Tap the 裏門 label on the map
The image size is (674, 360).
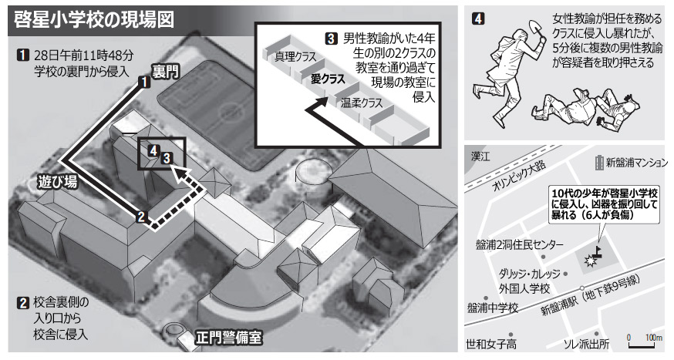coord(165,72)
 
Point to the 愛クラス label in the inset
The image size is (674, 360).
coord(328,79)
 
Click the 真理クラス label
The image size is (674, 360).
coord(289,56)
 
